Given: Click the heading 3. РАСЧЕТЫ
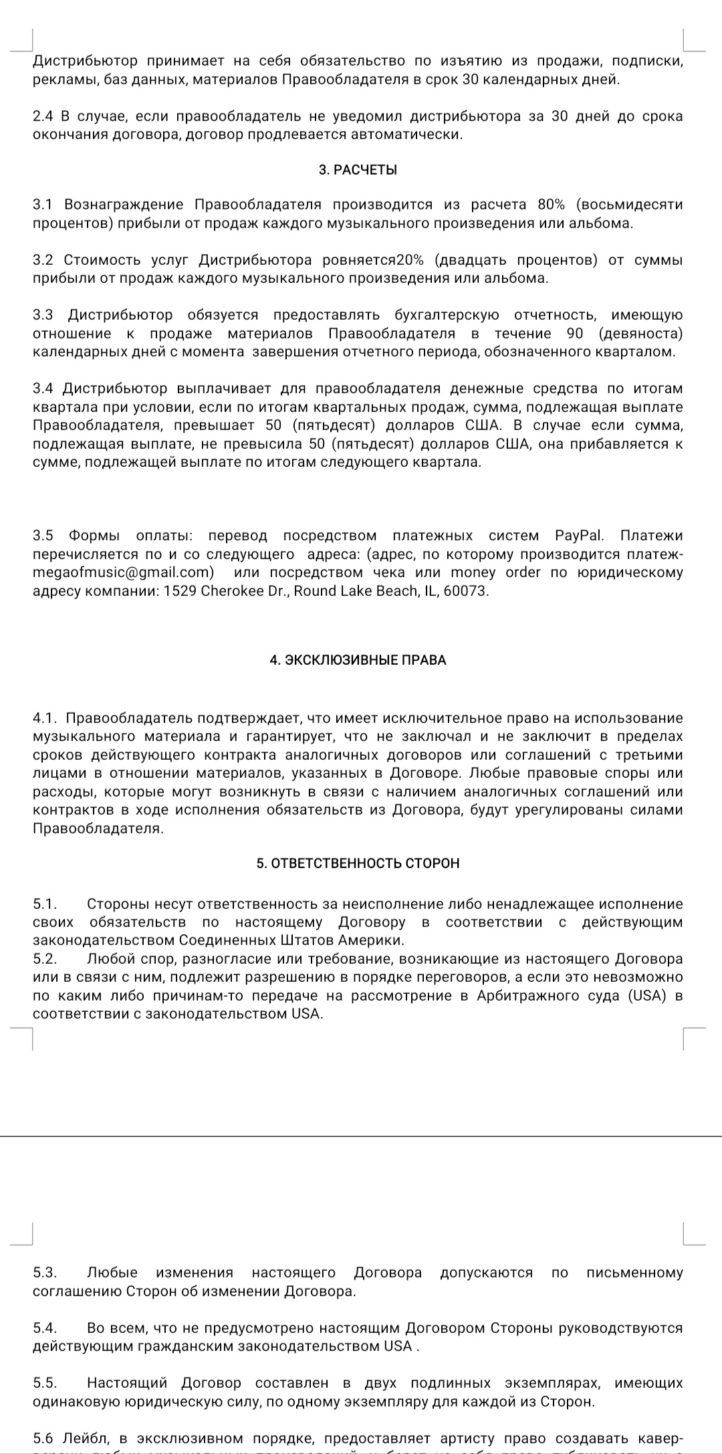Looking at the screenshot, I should tap(358, 170).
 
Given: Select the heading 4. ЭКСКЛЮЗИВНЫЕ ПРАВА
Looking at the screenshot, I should tap(358, 660).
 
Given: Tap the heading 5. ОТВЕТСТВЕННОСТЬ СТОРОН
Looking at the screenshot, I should tap(358, 863).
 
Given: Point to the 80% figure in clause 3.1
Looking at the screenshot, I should tap(552, 205).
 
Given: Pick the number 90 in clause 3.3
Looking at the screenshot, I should tap(574, 334).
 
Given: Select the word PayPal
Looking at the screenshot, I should tap(579, 536).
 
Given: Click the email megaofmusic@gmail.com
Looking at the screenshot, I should tap(123, 573).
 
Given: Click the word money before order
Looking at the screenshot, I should tap(473, 573).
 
